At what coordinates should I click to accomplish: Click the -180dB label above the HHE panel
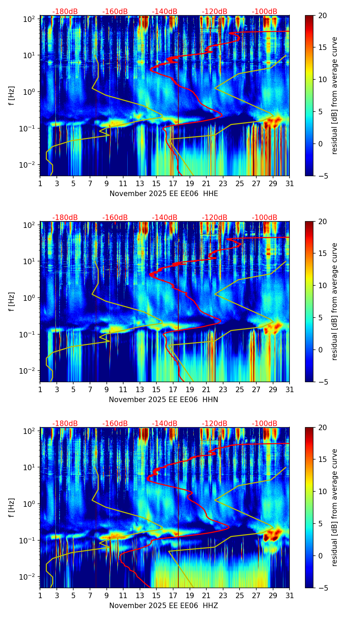pyautogui.click(x=65, y=12)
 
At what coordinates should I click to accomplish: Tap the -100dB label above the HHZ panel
pyautogui.click(x=265, y=424)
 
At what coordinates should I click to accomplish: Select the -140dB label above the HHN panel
pyautogui.click(x=165, y=218)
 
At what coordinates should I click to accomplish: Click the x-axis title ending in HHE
pyautogui.click(x=164, y=194)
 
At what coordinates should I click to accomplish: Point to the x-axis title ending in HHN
pyautogui.click(x=164, y=400)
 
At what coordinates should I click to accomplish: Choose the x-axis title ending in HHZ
pyautogui.click(x=164, y=606)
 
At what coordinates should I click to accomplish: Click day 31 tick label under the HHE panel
pyautogui.click(x=290, y=184)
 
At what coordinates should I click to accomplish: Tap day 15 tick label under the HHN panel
pyautogui.click(x=156, y=390)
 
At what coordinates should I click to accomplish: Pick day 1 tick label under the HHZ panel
pyautogui.click(x=40, y=596)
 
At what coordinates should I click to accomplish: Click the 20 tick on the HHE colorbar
pyautogui.click(x=323, y=16)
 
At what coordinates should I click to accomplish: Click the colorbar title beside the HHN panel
pyautogui.click(x=335, y=301)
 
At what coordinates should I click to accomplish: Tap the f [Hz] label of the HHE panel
pyautogui.click(x=12, y=96)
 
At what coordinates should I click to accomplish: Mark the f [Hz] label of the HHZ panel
pyautogui.click(x=12, y=508)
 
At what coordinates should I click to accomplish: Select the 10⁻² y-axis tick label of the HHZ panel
pyautogui.click(x=28, y=577)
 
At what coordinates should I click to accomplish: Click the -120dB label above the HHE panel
pyautogui.click(x=215, y=12)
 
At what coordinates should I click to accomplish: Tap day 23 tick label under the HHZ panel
pyautogui.click(x=223, y=596)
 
